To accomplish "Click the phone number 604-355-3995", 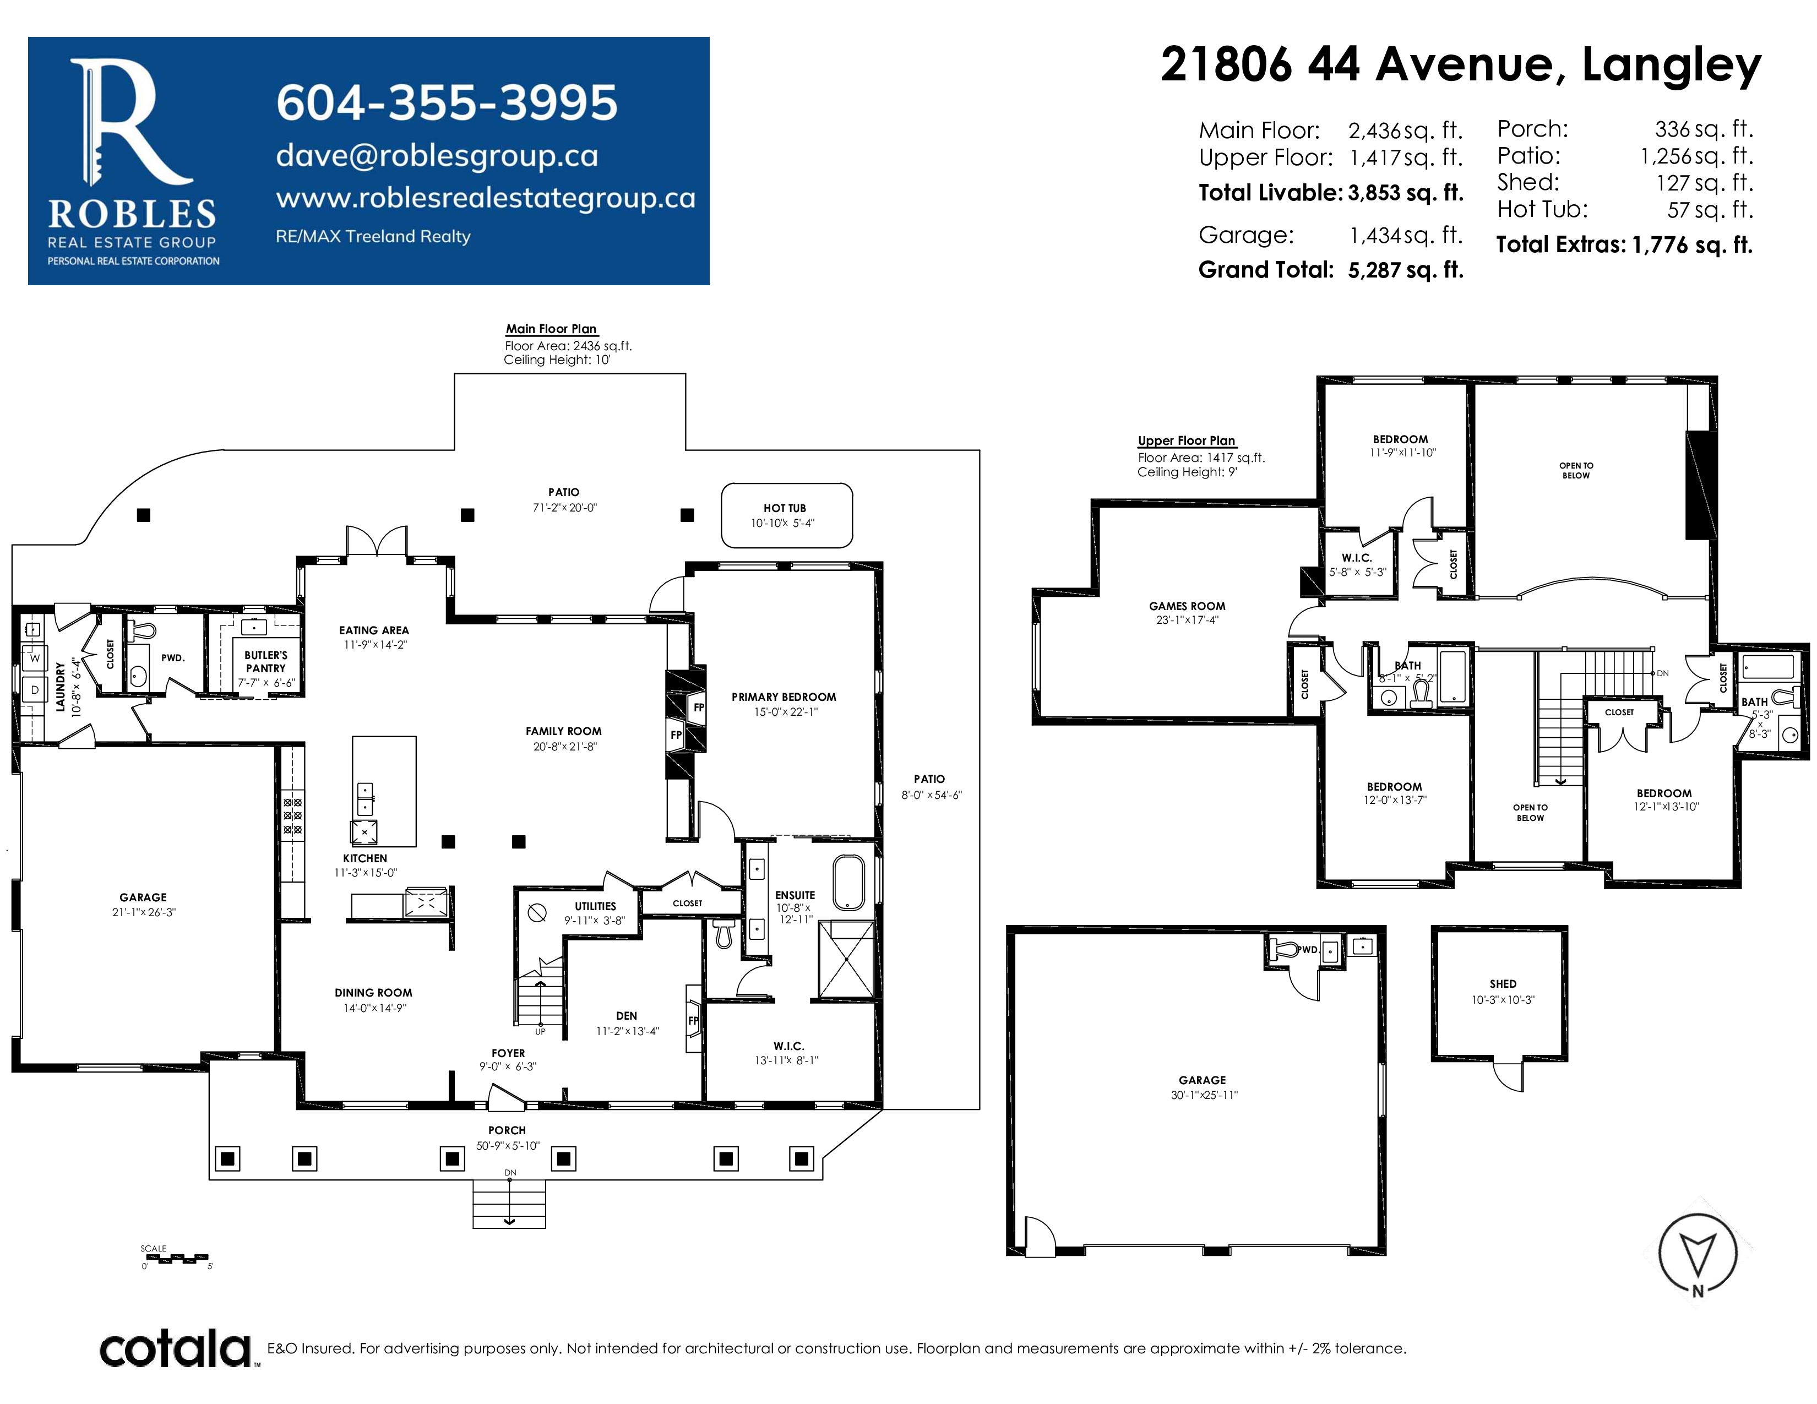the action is [447, 102].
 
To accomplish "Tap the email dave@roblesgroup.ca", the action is [437, 155].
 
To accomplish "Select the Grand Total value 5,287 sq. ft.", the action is [1405, 270].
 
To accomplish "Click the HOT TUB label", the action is [785, 508].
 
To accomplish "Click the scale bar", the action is [176, 1259].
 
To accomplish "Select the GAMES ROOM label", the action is [1187, 606].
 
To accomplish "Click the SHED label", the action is [1503, 984].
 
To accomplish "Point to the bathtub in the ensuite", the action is [848, 881].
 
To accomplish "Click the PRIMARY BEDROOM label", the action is [784, 697].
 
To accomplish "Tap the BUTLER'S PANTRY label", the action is [265, 661].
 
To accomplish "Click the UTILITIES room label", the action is [596, 907].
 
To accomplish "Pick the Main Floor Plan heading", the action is [552, 329].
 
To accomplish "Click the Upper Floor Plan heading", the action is [1187, 441].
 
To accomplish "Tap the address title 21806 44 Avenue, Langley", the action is [1460, 65].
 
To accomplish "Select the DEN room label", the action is [627, 1016].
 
